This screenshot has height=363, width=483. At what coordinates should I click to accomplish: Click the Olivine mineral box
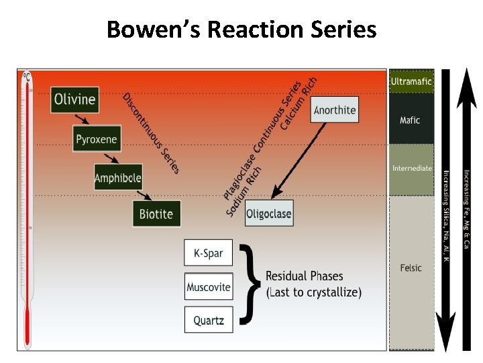pyautogui.click(x=74, y=100)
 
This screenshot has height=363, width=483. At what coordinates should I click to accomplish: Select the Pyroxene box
pyautogui.click(x=96, y=140)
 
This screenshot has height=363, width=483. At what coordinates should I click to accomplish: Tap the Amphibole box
pyautogui.click(x=117, y=177)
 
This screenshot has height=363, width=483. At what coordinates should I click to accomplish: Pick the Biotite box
pyautogui.click(x=156, y=214)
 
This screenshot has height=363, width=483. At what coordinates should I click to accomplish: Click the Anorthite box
pyautogui.click(x=335, y=110)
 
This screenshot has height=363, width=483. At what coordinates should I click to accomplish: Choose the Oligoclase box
pyautogui.click(x=269, y=214)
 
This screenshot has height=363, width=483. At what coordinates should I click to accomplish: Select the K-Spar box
pyautogui.click(x=208, y=253)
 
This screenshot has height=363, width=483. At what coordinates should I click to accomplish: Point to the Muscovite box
pyautogui.click(x=208, y=287)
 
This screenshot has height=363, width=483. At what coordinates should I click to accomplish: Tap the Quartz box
pyautogui.click(x=208, y=320)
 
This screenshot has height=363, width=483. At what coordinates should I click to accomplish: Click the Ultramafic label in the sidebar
pyautogui.click(x=411, y=81)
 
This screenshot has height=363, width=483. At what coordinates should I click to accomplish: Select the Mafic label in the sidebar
pyautogui.click(x=410, y=120)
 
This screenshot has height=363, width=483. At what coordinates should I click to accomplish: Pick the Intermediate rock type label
pyautogui.click(x=412, y=168)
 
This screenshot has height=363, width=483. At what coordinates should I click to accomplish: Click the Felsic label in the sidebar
pyautogui.click(x=411, y=268)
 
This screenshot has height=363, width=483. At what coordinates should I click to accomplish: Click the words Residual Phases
pyautogui.click(x=304, y=276)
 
